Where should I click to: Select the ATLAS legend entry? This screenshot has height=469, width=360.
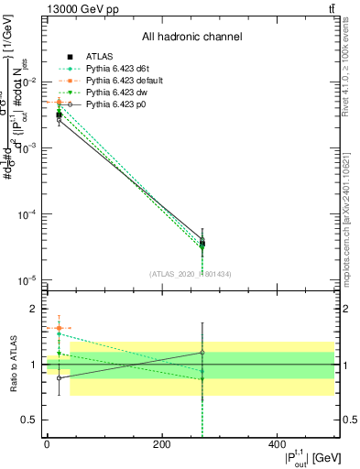100,56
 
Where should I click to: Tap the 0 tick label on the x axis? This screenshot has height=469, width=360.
47,444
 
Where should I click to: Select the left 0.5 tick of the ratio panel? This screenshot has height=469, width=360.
27,420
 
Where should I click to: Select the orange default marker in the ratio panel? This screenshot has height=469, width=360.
59,328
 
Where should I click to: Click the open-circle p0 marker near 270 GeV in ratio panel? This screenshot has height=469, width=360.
202,353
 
